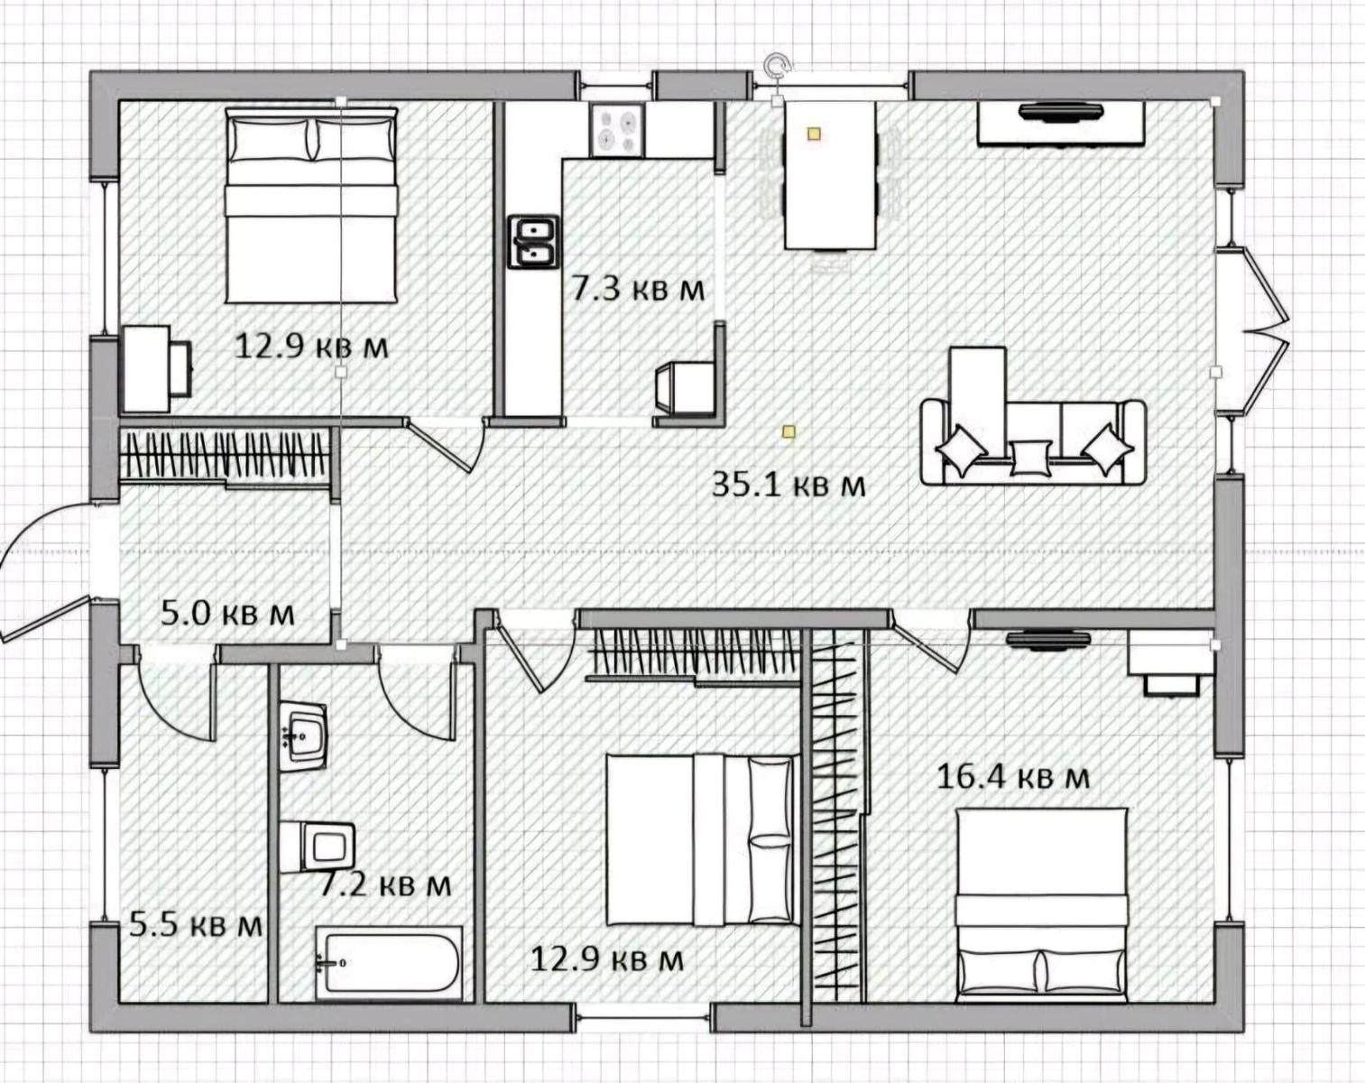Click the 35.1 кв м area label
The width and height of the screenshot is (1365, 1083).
(x=789, y=486)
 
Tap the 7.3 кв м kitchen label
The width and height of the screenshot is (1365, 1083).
(x=638, y=290)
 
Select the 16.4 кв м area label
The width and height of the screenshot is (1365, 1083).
(x=1013, y=777)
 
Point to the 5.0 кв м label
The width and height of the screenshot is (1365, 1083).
(x=227, y=614)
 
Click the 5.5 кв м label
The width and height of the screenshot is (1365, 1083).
(x=196, y=924)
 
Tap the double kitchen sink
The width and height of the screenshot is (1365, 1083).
(x=533, y=242)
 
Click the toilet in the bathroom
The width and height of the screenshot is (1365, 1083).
(x=318, y=846)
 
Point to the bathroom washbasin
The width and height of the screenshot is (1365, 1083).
(x=303, y=736)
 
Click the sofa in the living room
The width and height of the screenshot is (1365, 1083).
(x=1033, y=442)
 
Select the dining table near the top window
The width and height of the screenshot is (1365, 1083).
(x=830, y=175)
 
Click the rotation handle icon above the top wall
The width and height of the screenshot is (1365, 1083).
(x=777, y=65)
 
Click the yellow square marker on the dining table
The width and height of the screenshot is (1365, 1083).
(x=815, y=134)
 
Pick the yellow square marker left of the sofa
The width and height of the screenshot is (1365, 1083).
(x=789, y=432)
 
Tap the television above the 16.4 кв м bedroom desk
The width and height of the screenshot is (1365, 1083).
(x=1047, y=640)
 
